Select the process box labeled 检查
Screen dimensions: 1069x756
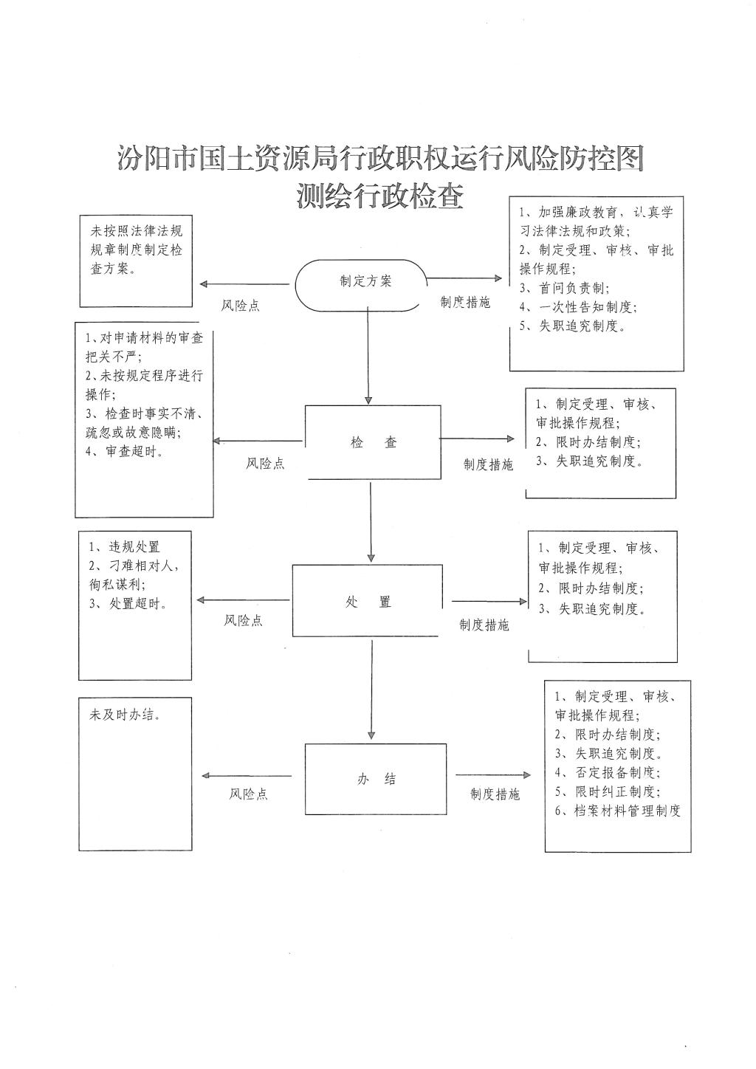pos(373,442)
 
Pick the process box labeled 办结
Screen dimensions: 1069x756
pos(376,779)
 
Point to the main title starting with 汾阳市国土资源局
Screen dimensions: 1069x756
pos(379,159)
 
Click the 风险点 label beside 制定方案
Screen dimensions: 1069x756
pos(241,306)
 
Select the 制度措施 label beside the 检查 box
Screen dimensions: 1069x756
pos(488,464)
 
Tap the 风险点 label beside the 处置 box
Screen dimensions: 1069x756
pos(244,621)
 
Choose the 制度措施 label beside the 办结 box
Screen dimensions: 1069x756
pos(495,794)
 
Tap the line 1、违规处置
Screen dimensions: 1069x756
pos(124,547)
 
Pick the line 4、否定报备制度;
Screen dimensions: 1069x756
pos(607,773)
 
